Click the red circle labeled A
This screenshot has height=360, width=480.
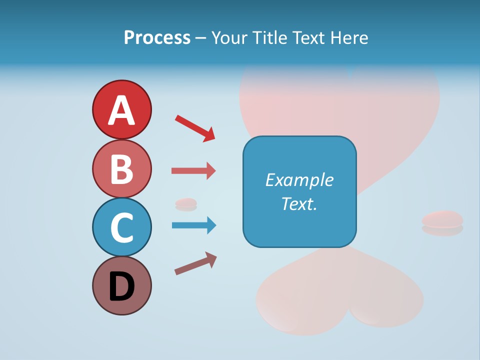click(121, 109)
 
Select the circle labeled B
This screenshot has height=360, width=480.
click(121, 168)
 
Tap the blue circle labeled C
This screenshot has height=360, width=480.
click(121, 227)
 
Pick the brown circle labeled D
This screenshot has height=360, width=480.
click(121, 285)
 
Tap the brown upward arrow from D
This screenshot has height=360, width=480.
click(195, 263)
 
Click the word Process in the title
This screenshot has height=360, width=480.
click(157, 37)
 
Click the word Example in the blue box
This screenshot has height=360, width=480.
click(299, 180)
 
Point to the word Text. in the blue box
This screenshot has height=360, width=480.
click(299, 204)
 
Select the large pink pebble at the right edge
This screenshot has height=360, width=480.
click(442, 219)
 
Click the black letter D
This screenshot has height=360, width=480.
click(121, 286)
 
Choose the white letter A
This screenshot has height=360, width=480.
click(121, 110)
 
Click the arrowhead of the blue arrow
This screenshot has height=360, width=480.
click(210, 225)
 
